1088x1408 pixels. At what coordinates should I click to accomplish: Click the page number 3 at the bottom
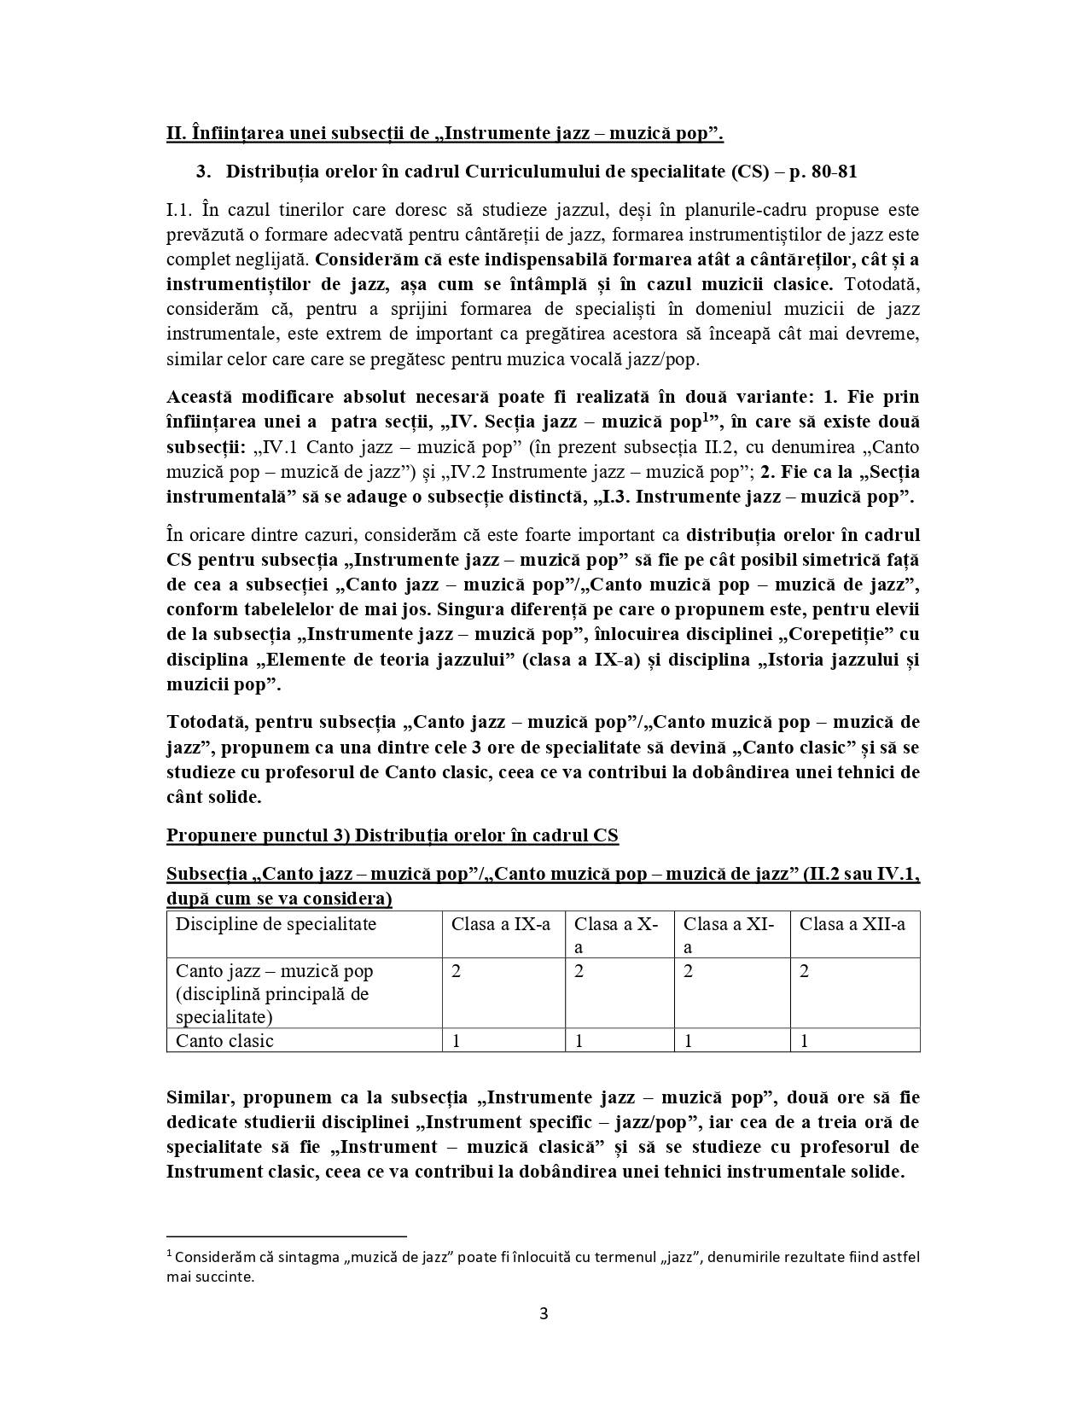point(544,1312)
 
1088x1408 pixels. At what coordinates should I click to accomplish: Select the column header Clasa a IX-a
point(501,924)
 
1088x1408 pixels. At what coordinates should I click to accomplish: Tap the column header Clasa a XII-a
point(852,924)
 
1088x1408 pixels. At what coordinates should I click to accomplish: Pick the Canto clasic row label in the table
point(224,1040)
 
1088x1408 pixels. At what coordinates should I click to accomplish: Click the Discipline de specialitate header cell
point(276,924)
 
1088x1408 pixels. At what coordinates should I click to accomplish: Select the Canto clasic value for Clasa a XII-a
point(804,1040)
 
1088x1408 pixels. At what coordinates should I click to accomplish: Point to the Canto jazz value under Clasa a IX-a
point(457,971)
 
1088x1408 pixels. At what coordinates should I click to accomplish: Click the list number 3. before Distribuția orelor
point(203,172)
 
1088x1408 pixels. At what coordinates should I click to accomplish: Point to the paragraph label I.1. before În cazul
point(180,210)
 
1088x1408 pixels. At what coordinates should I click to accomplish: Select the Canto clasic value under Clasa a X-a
point(579,1040)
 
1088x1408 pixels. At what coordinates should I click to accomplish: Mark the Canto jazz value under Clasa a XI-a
point(689,971)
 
